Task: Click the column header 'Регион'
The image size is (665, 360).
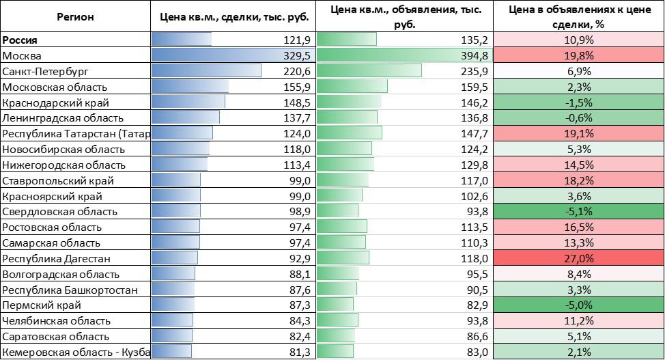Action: (x=75, y=16)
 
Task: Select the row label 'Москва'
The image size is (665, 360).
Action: (x=23, y=55)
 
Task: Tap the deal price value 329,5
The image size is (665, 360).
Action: (x=297, y=55)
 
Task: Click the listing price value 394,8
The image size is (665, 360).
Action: (x=475, y=55)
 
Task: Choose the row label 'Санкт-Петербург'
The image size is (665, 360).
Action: (x=46, y=71)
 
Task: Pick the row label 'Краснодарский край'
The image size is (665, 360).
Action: (x=53, y=102)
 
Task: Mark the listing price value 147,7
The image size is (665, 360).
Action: (x=475, y=133)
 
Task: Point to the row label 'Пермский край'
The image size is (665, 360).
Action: (x=42, y=305)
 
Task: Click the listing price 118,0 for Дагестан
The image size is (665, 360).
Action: (x=475, y=258)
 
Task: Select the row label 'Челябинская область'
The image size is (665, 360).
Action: (x=55, y=320)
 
